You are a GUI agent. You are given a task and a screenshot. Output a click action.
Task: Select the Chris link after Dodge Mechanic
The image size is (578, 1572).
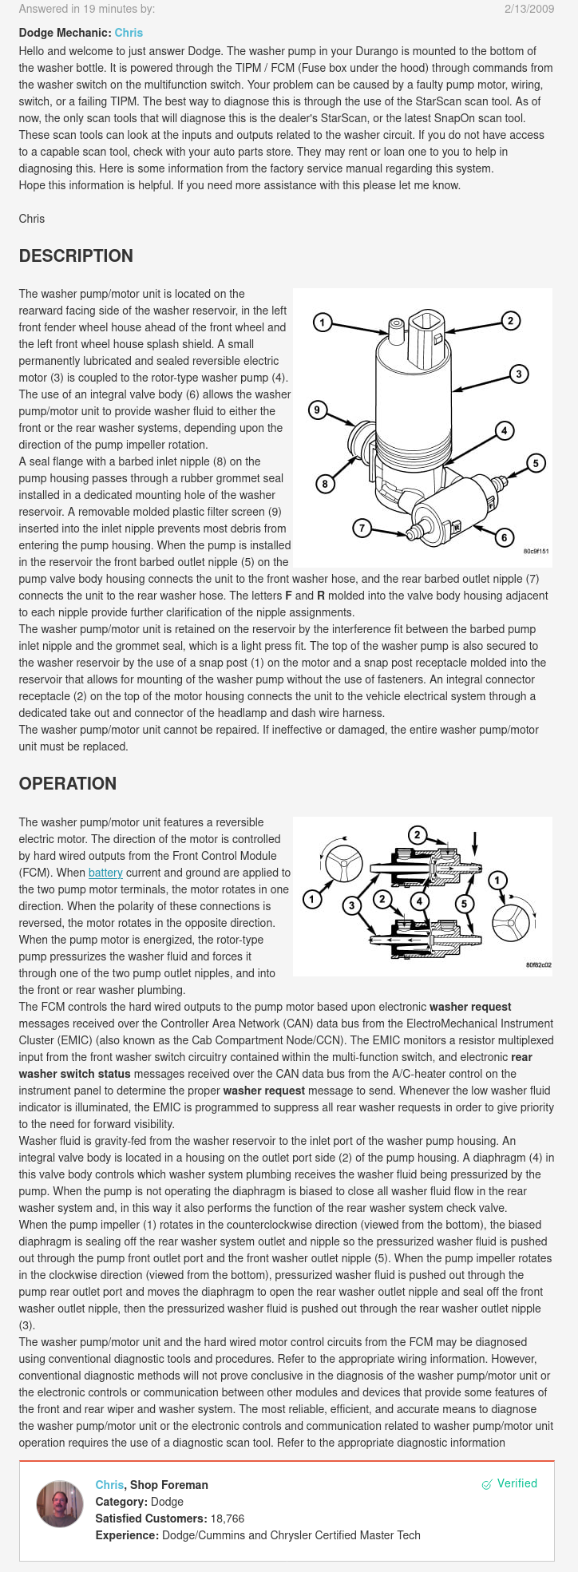coord(129,33)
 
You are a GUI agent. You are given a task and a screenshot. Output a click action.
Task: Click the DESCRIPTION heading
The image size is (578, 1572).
coord(76,256)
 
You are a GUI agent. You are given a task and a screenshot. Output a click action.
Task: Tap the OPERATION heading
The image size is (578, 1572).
coord(68,784)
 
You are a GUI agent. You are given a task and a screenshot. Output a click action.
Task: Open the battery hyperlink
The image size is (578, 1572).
coord(105,873)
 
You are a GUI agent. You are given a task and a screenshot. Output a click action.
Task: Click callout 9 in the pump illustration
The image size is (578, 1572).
coord(318,410)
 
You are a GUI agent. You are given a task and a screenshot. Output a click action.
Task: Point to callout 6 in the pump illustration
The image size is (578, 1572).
coord(504,537)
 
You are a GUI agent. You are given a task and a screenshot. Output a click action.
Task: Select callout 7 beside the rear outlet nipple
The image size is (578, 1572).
coord(362,528)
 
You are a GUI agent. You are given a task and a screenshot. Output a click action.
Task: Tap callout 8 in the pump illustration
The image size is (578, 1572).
coord(325,484)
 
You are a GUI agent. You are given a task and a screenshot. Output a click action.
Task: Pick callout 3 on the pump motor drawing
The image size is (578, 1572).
coord(519,374)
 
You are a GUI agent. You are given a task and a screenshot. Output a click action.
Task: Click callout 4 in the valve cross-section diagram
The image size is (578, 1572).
coord(419,902)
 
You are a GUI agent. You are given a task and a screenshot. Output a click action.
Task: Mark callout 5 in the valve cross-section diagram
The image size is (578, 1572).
coord(465,904)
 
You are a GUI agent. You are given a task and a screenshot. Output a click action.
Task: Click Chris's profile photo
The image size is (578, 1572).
coord(60,1504)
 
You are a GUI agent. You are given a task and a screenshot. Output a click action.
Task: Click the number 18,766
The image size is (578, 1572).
coord(227,1519)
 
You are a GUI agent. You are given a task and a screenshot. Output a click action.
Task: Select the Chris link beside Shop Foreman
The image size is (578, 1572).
coord(109,1485)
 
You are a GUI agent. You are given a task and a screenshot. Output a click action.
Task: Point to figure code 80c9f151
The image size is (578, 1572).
coord(536,551)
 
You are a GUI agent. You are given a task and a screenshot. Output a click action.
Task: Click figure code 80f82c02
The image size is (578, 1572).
coord(538,964)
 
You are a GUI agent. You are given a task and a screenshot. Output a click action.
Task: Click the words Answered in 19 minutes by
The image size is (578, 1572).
coord(87,9)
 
